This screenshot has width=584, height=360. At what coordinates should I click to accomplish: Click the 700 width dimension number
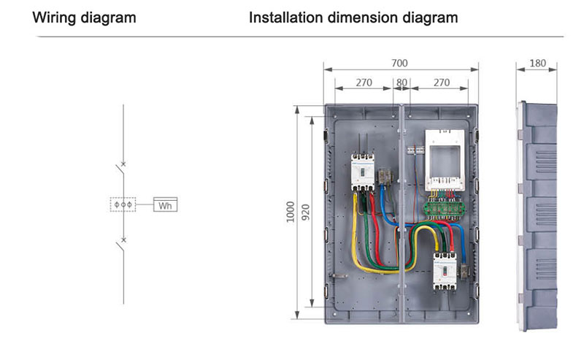(399, 63)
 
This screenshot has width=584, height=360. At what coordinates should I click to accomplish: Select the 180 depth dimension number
(537, 64)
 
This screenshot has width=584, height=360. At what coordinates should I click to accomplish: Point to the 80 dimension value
(401, 83)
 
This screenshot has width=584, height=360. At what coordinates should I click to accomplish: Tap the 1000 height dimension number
(291, 212)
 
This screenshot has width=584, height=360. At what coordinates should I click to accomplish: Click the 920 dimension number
(305, 212)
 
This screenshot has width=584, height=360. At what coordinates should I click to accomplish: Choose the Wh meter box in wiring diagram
(166, 204)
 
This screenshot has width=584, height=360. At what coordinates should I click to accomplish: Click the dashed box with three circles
(123, 204)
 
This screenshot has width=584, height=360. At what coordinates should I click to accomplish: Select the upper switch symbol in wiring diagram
(120, 169)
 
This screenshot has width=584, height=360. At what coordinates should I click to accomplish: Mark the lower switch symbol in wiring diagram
(120, 245)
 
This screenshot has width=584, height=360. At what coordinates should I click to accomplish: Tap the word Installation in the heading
(285, 18)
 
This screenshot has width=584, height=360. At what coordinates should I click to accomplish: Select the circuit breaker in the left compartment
(362, 172)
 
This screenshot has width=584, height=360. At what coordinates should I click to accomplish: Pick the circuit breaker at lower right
(445, 272)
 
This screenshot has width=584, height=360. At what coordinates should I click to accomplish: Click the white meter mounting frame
(445, 160)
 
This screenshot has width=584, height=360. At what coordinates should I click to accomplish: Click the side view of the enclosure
(537, 215)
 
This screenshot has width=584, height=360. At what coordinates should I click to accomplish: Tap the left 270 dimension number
(364, 83)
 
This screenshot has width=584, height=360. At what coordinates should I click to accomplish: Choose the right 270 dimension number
(442, 83)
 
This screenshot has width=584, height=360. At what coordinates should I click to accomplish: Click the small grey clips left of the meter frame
(415, 150)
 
